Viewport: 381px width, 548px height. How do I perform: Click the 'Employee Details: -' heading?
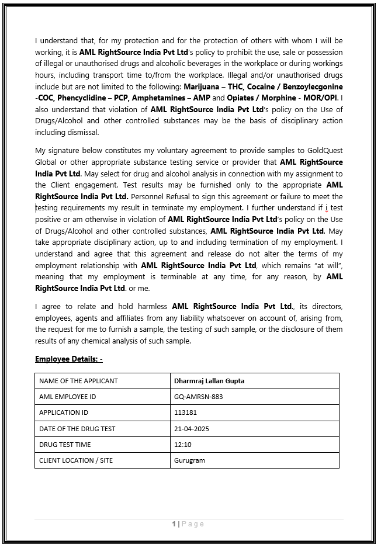tap(68, 359)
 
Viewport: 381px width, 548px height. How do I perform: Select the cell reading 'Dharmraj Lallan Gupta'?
tap(209, 381)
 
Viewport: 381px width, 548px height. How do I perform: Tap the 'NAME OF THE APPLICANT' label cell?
tap(78, 381)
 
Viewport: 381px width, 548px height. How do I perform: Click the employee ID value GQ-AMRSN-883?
tap(199, 397)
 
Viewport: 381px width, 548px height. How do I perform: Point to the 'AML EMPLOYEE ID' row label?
tap(67, 397)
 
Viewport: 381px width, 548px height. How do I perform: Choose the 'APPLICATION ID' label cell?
tap(64, 412)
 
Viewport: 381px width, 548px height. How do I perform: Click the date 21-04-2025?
tap(192, 429)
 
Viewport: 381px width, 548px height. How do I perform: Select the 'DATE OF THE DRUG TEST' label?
tap(77, 429)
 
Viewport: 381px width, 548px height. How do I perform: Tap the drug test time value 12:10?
tap(182, 445)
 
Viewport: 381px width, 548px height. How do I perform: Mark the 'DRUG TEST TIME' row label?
tap(65, 445)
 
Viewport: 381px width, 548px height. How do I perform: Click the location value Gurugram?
tap(189, 460)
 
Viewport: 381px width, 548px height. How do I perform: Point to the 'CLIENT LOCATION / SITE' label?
tap(76, 460)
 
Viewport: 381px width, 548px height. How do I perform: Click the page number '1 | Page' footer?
tap(188, 524)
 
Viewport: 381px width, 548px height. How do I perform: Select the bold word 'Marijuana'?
tap(202, 87)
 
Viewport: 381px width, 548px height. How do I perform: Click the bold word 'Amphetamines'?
tap(162, 98)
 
